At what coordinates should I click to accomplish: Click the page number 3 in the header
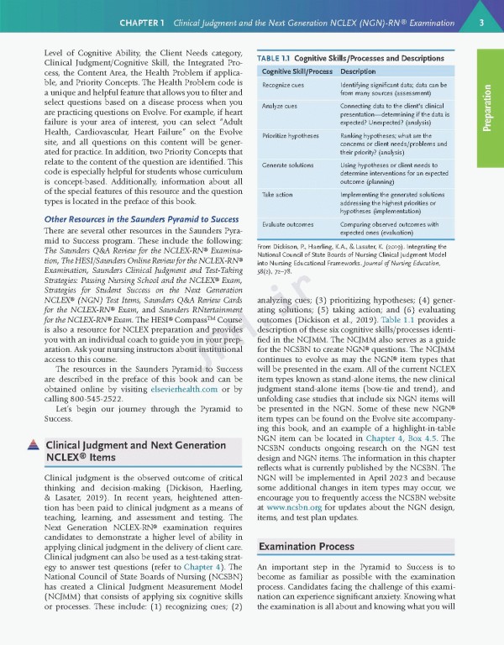[x=480, y=22]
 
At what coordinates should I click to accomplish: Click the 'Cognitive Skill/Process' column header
[x=295, y=71]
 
